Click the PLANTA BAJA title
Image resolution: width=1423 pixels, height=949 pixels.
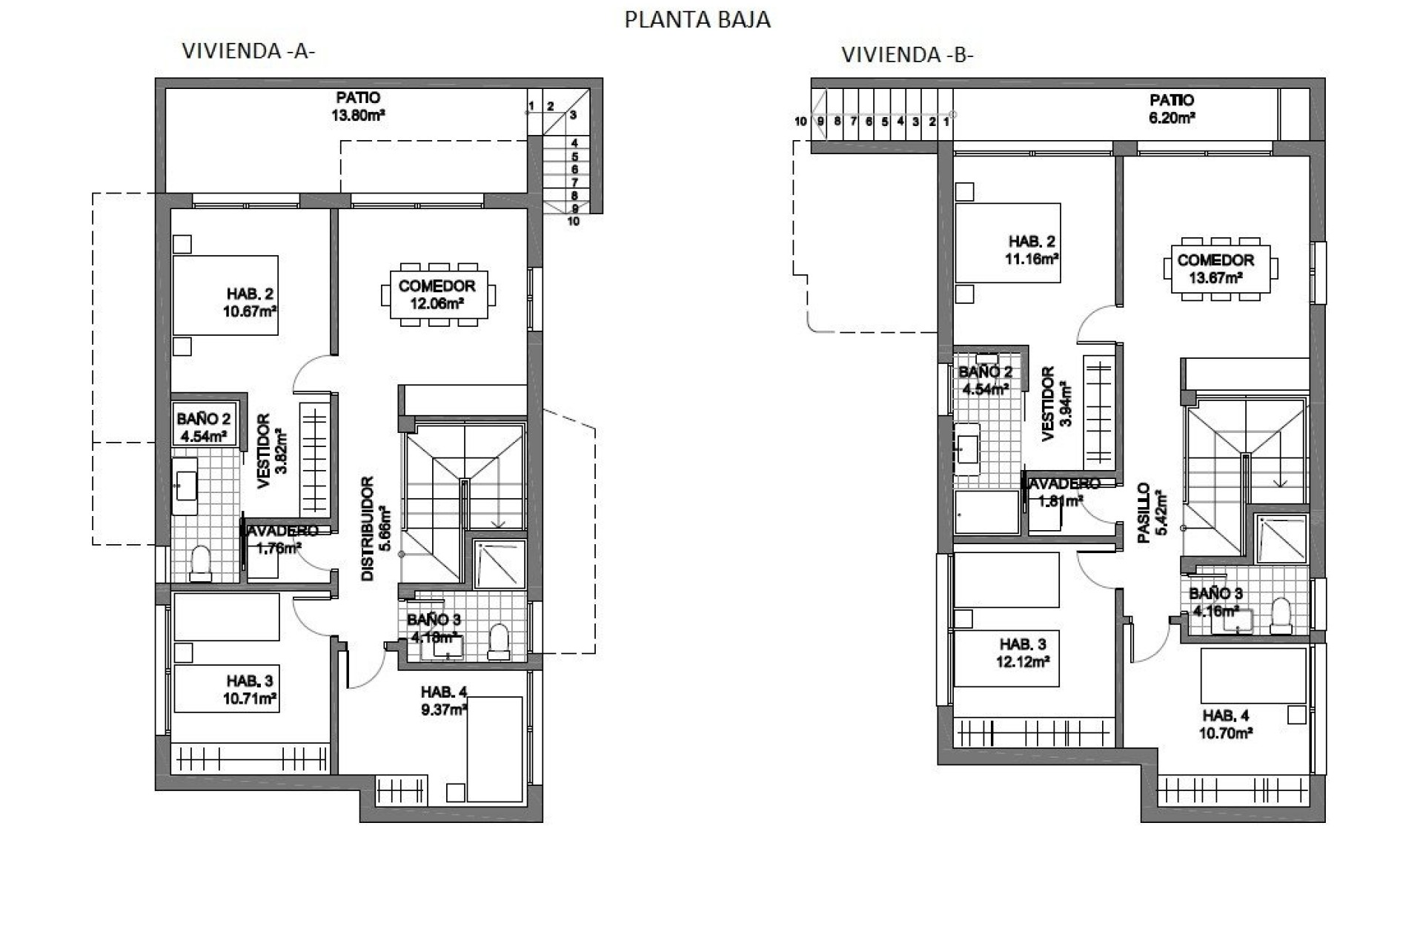(x=697, y=19)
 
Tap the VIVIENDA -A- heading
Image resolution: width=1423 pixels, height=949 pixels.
(x=249, y=51)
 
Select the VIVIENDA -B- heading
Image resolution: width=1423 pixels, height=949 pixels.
(x=907, y=55)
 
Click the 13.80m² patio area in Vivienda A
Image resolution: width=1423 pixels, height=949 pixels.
(x=359, y=106)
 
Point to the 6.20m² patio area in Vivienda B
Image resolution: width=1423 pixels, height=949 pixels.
(x=1172, y=108)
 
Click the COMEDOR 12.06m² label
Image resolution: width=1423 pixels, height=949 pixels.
(x=437, y=294)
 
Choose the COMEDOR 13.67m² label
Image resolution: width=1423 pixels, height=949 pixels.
(x=1215, y=268)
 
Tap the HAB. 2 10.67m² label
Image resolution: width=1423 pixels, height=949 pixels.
(x=250, y=302)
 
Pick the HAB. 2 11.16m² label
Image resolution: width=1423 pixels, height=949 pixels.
(x=1031, y=250)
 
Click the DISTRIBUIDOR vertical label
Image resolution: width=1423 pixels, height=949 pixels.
(x=374, y=529)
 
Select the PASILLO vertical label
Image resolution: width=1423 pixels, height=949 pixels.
(x=1152, y=513)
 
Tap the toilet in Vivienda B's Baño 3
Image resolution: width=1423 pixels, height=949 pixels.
(x=1281, y=616)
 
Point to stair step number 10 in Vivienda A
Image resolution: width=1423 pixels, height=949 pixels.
(x=574, y=221)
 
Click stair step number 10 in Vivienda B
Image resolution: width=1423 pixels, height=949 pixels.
(x=800, y=122)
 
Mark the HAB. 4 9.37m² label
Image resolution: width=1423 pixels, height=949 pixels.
(x=444, y=700)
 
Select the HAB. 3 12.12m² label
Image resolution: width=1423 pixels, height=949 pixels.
(x=1023, y=652)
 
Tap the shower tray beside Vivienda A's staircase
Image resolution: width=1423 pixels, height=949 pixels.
(x=500, y=565)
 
